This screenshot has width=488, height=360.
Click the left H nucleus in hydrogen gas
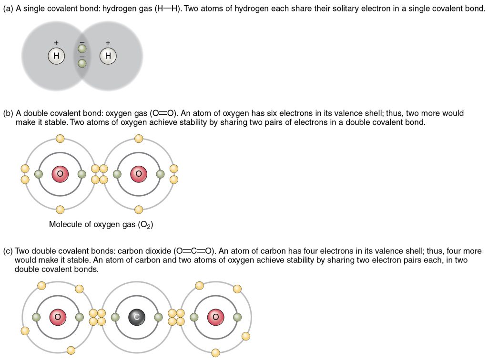coord(56,57)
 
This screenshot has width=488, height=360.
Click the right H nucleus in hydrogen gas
coord(108,57)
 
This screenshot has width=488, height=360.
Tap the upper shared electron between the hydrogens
coord(82,49)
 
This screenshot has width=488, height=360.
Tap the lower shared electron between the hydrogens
coord(82,63)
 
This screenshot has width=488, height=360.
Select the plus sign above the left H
coord(56,43)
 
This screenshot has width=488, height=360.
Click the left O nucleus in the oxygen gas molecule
coord(60,174)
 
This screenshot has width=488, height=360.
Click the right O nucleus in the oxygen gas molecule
coord(139,174)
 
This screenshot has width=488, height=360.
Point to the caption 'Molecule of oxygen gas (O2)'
coord(101,224)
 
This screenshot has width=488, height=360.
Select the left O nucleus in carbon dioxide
coord(58,317)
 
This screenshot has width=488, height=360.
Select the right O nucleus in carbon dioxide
coord(215,317)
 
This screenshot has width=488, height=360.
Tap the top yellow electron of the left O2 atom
coord(60,139)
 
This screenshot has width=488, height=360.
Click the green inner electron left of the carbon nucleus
coord(115,317)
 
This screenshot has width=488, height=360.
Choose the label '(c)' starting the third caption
coord(8,250)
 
